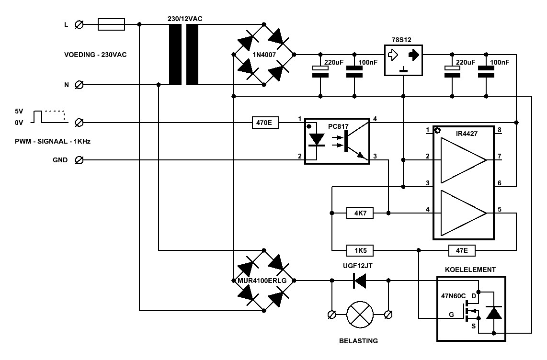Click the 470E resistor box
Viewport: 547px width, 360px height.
point(265,123)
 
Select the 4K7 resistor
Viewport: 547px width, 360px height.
point(360,213)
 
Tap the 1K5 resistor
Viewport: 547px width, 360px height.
point(360,250)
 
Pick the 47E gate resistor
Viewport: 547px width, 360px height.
point(462,250)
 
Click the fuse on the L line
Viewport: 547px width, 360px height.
point(111,24)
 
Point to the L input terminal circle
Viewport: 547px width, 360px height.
point(79,24)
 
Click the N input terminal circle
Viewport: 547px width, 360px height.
point(79,85)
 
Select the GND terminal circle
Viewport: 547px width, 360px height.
point(79,160)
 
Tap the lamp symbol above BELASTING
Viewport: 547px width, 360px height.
point(360,315)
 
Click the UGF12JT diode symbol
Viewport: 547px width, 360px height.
point(360,280)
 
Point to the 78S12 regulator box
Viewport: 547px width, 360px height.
point(403,60)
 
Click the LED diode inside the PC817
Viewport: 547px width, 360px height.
point(317,140)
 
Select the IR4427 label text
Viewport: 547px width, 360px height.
point(467,134)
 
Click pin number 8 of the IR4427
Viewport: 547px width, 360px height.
point(500,130)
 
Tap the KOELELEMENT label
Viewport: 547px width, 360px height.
point(470,270)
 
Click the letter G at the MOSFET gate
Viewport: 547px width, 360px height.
point(451,315)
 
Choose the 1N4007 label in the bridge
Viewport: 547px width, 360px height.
point(264,55)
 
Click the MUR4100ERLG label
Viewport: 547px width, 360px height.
point(262,281)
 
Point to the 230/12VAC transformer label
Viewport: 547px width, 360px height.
point(185,19)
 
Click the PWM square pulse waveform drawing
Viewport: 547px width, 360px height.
point(49,117)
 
